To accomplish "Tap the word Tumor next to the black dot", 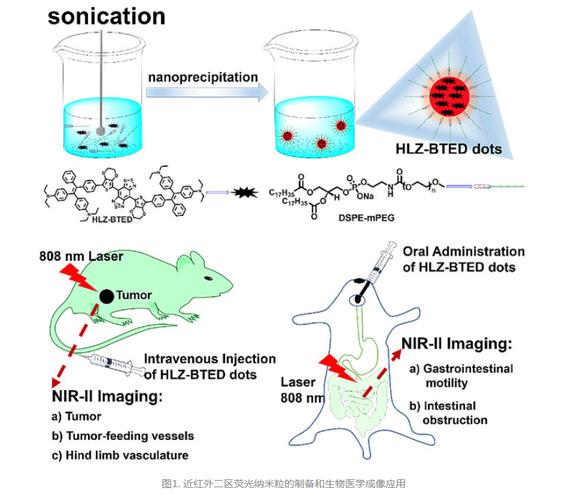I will click(x=133, y=295).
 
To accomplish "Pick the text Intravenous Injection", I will click(x=210, y=359).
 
